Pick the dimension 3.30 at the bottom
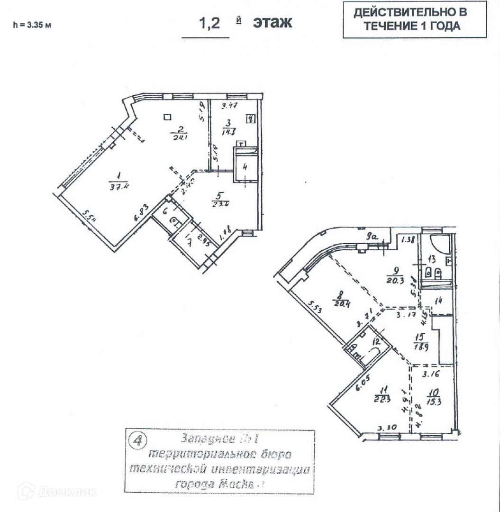(x=387, y=428)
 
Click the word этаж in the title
(x=272, y=22)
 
